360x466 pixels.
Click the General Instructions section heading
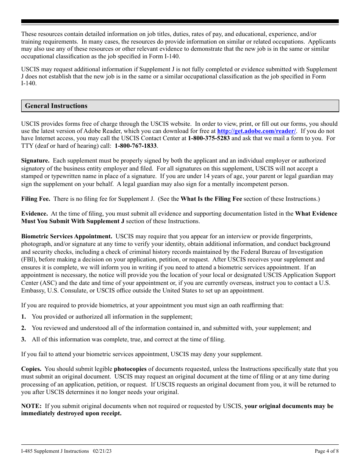coord(56,106)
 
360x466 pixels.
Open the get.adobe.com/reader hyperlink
coord(257,131)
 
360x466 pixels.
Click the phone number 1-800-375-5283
coord(208,138)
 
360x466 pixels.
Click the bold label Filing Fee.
coord(36,199)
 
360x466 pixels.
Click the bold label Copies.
coord(31,369)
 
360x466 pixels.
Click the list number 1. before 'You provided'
coord(23,317)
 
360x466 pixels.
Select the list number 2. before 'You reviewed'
coord(23,328)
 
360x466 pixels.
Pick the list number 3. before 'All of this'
coord(23,339)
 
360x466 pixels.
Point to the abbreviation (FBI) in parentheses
coord(29,260)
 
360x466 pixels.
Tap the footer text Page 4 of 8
coord(327,451)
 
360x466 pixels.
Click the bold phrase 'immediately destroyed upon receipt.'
coord(71,413)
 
